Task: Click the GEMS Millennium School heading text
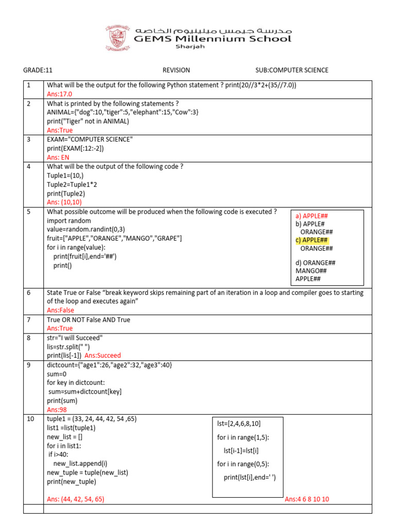212,39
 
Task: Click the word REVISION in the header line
176,71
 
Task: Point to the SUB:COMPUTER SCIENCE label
292,71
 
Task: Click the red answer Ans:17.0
60,94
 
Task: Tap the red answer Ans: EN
58,157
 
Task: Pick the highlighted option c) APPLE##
312,240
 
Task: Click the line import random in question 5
69,221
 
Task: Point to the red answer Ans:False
61,310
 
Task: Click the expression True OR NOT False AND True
88,320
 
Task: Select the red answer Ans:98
56,410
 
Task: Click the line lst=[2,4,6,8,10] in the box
239,424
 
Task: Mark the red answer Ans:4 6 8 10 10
307,499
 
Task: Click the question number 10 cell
33,419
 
